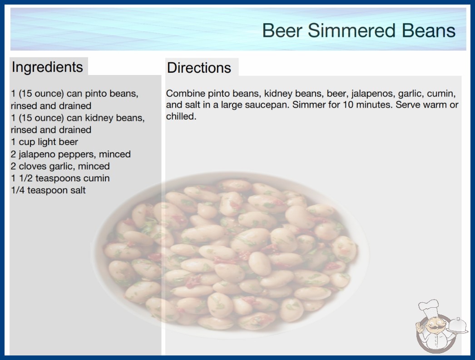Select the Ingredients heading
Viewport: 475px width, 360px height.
(x=47, y=67)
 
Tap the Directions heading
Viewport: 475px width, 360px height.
(x=199, y=68)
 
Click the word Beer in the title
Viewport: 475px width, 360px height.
(x=282, y=30)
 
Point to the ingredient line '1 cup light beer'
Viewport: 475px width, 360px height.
(x=45, y=142)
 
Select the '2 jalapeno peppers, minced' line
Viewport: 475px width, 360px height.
(x=70, y=154)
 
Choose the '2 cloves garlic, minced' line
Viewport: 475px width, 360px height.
(x=60, y=166)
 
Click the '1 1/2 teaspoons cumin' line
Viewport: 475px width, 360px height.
(x=60, y=178)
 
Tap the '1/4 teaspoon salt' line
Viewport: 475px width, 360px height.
(x=48, y=190)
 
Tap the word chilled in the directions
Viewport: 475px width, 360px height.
(x=181, y=116)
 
